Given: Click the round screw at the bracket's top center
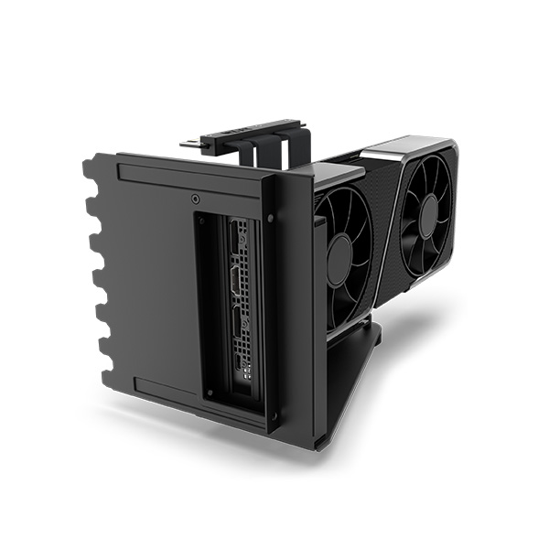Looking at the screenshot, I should tap(196, 199).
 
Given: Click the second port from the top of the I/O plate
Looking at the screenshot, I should tap(240, 281).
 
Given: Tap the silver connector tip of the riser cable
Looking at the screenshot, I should tap(187, 143).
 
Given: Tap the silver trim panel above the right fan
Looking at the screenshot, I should tap(416, 147).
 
